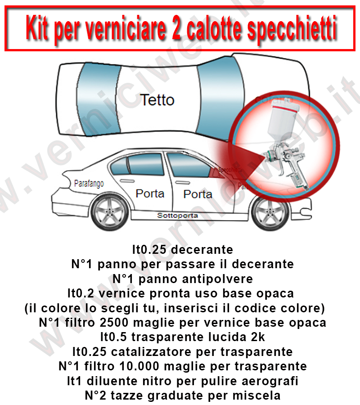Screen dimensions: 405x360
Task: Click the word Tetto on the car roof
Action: (157, 99)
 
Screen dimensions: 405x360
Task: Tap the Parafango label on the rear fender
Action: (89, 184)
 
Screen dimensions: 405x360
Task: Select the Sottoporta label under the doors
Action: (177, 216)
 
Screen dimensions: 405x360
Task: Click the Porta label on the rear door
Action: (150, 194)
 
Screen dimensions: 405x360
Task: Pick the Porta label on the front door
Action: (198, 194)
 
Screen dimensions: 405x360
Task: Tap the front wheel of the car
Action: (268, 215)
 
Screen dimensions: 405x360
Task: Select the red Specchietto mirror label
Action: (228, 171)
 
